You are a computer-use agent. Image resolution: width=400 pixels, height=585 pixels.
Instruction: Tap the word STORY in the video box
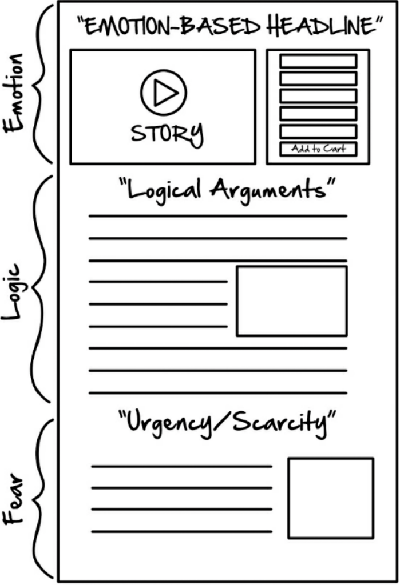click(x=167, y=133)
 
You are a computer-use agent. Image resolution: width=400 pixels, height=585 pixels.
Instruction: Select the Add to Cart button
click(x=318, y=149)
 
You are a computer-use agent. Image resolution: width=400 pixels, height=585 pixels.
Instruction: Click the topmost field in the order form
click(x=318, y=61)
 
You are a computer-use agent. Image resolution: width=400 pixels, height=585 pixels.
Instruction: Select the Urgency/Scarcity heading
click(x=227, y=424)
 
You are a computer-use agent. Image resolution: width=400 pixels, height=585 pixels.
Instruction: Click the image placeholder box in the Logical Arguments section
click(x=292, y=300)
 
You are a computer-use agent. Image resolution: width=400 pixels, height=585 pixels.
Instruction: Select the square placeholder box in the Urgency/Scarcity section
click(x=331, y=498)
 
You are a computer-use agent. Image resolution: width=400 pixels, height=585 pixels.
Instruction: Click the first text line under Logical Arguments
click(x=217, y=216)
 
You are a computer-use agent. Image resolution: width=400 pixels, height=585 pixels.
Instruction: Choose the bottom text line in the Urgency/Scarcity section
click(x=181, y=532)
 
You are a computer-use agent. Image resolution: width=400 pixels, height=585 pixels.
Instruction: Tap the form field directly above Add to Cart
click(x=318, y=131)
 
